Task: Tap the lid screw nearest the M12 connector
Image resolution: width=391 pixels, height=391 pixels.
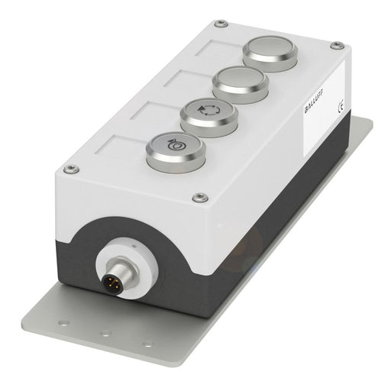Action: pos(200,197)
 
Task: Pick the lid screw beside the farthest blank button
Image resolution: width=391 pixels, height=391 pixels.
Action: pos(220,24)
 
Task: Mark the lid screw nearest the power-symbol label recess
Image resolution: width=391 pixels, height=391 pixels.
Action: pos(70,168)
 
